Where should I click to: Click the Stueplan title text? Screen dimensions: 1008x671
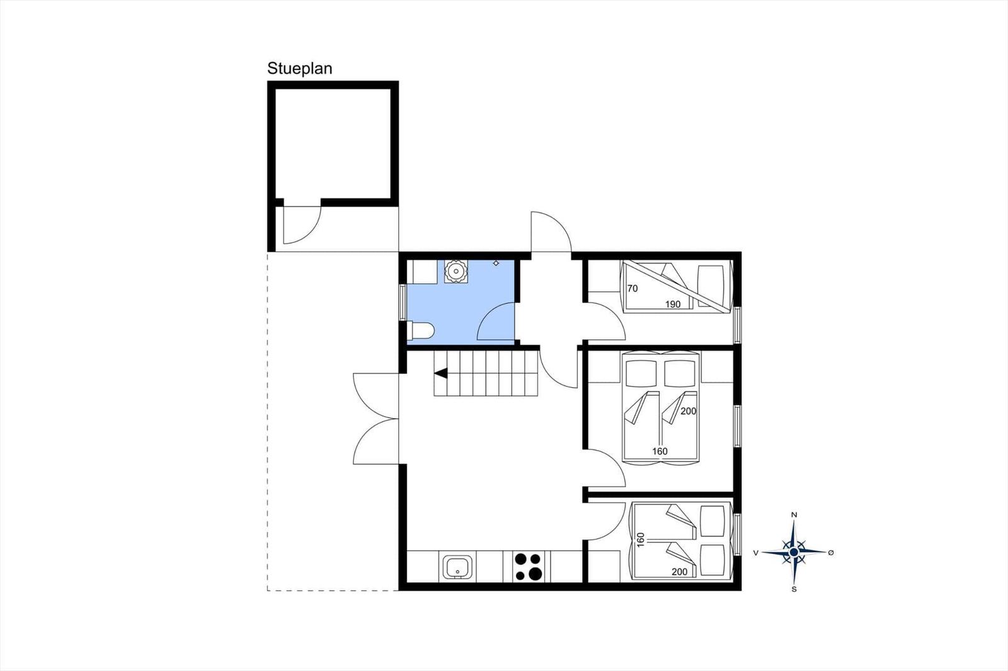click(x=300, y=69)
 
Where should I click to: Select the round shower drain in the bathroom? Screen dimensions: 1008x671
click(x=456, y=271)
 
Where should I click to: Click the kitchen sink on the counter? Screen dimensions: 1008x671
click(x=457, y=567)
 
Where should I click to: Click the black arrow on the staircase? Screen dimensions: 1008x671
click(x=441, y=373)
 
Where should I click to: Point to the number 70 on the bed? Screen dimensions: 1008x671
click(x=633, y=289)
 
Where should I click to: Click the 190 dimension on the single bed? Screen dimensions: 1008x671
click(x=673, y=305)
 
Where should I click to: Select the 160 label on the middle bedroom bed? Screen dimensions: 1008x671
click(x=660, y=451)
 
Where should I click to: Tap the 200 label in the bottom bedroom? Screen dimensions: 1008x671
click(x=680, y=572)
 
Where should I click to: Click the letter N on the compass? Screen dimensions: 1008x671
click(x=794, y=515)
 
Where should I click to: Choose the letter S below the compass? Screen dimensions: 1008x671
click(x=794, y=589)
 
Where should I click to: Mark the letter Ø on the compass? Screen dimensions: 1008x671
click(x=831, y=552)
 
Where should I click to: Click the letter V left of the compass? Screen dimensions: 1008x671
click(x=756, y=553)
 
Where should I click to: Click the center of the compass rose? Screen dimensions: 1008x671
click(x=794, y=552)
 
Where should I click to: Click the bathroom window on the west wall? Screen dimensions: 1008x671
click(x=403, y=302)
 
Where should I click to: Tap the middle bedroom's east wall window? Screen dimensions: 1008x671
click(x=737, y=426)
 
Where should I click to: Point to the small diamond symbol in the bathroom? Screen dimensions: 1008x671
click(x=496, y=263)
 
